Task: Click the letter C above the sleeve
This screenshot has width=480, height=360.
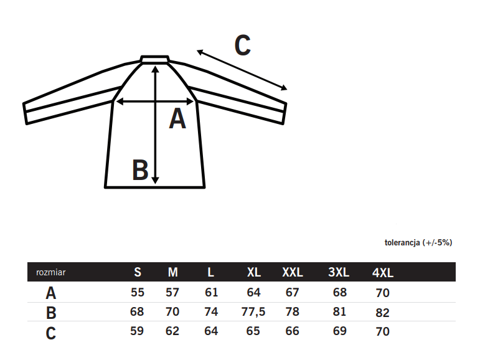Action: [x=243, y=45]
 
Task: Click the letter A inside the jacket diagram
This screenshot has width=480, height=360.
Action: [x=177, y=118]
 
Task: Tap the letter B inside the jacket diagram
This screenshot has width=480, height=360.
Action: [x=140, y=169]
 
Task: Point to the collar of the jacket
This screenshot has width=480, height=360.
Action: [x=155, y=59]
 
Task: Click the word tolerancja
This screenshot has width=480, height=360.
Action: [x=402, y=243]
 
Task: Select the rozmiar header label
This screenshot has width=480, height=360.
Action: [x=51, y=272]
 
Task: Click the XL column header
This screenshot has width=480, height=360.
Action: [x=254, y=272]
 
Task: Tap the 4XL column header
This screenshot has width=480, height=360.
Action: [x=383, y=273]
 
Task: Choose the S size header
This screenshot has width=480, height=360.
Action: [x=138, y=272]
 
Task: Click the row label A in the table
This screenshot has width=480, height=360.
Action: [x=51, y=293]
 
